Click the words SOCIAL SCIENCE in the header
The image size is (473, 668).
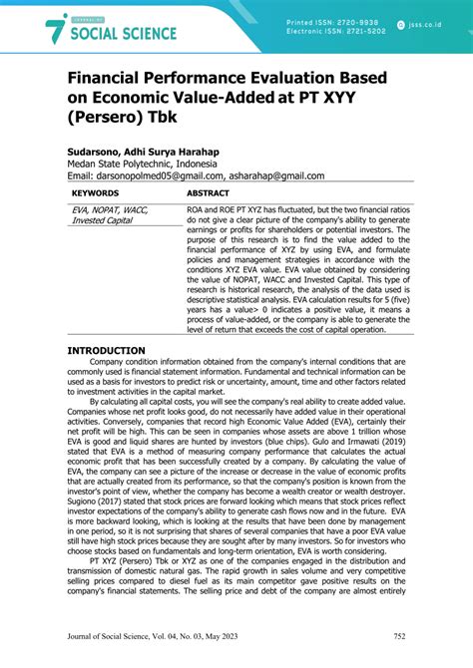click(122, 34)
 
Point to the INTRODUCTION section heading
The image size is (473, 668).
click(106, 350)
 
